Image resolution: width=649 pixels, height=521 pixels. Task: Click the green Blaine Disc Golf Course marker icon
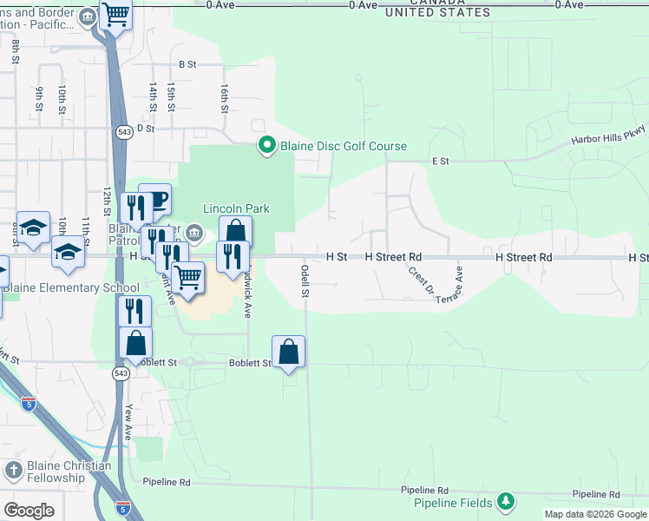[x=266, y=146]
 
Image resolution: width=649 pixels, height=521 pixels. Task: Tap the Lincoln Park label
[x=237, y=208]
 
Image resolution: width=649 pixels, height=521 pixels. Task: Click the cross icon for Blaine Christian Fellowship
[x=14, y=471]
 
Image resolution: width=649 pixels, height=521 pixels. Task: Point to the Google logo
[x=29, y=511]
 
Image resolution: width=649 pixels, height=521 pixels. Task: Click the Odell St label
[x=305, y=280]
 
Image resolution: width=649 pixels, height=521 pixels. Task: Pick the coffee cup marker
[x=156, y=200]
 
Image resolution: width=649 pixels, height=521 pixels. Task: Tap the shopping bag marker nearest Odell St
[x=289, y=353]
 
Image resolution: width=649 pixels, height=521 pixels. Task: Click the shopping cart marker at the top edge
[x=115, y=14]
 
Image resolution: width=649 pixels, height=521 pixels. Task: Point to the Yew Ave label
[x=128, y=422]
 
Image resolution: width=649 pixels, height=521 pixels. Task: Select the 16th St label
[x=223, y=99]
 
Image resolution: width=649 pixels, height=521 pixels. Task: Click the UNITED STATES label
[x=437, y=13]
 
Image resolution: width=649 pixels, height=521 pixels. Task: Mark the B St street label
[x=187, y=64]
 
